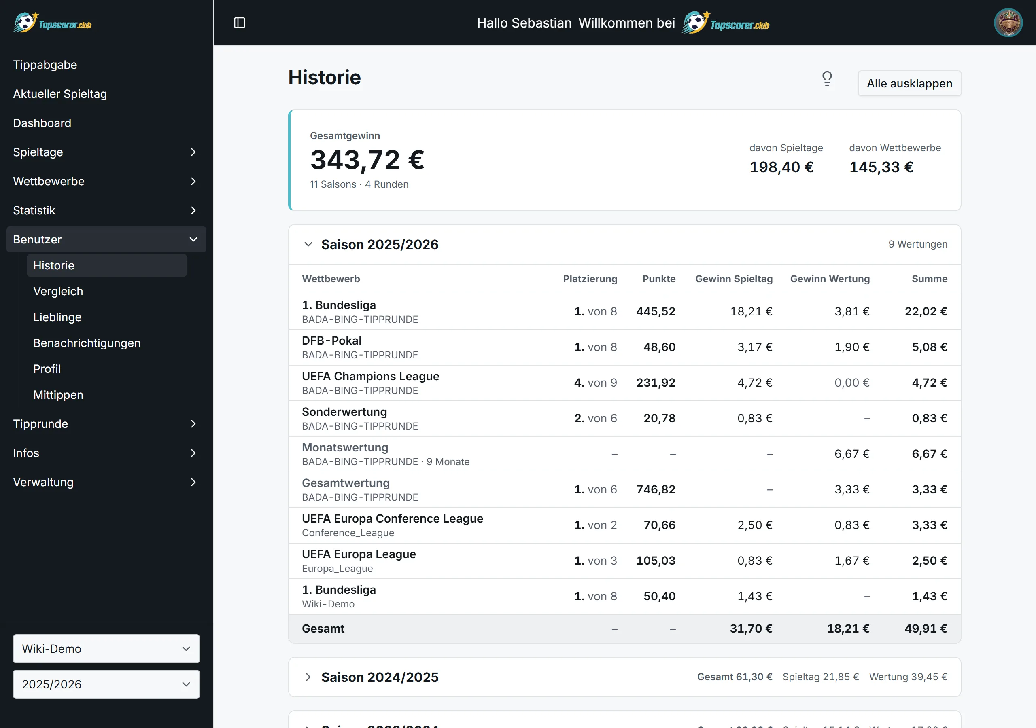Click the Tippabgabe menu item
45,65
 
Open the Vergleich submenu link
58,291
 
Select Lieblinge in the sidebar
57,317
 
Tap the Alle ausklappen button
909,83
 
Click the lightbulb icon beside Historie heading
827,79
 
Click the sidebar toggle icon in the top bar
240,23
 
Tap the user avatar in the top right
1008,23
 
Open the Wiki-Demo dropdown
106,649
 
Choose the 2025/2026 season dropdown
106,684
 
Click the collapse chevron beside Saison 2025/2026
308,244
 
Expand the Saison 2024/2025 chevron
308,677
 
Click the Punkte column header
659,279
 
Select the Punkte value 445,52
656,312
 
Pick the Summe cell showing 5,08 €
930,347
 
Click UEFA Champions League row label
370,376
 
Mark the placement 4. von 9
596,383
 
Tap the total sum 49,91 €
926,629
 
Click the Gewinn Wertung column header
830,279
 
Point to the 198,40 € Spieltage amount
781,167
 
